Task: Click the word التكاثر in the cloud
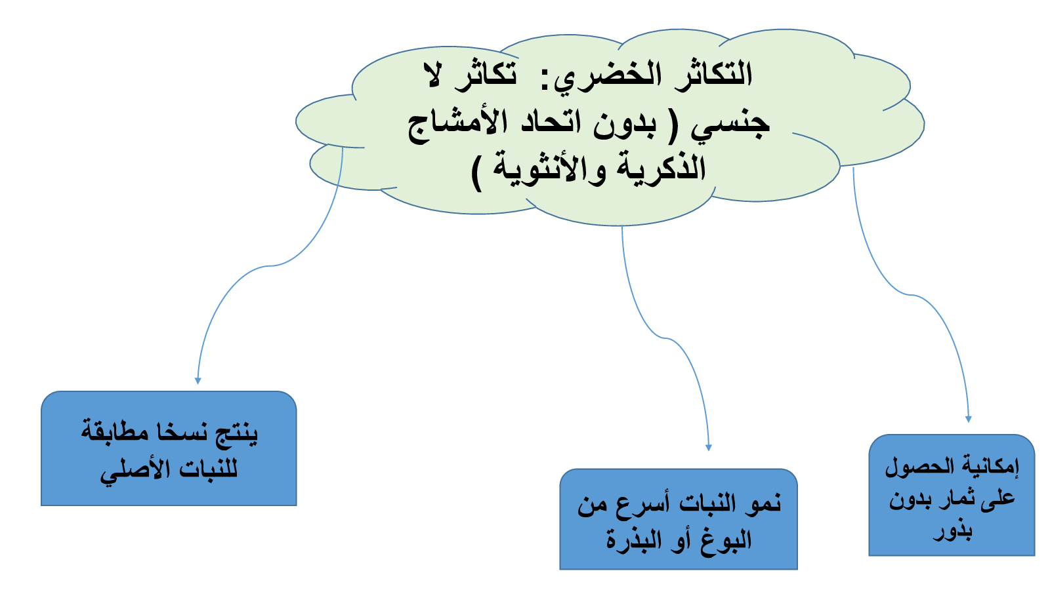tap(713, 75)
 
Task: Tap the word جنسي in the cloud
tap(730, 125)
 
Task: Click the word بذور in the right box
tap(952, 532)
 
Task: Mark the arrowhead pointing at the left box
tap(198, 381)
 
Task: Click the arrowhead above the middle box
tap(709, 448)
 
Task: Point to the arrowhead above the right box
tap(969, 419)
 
